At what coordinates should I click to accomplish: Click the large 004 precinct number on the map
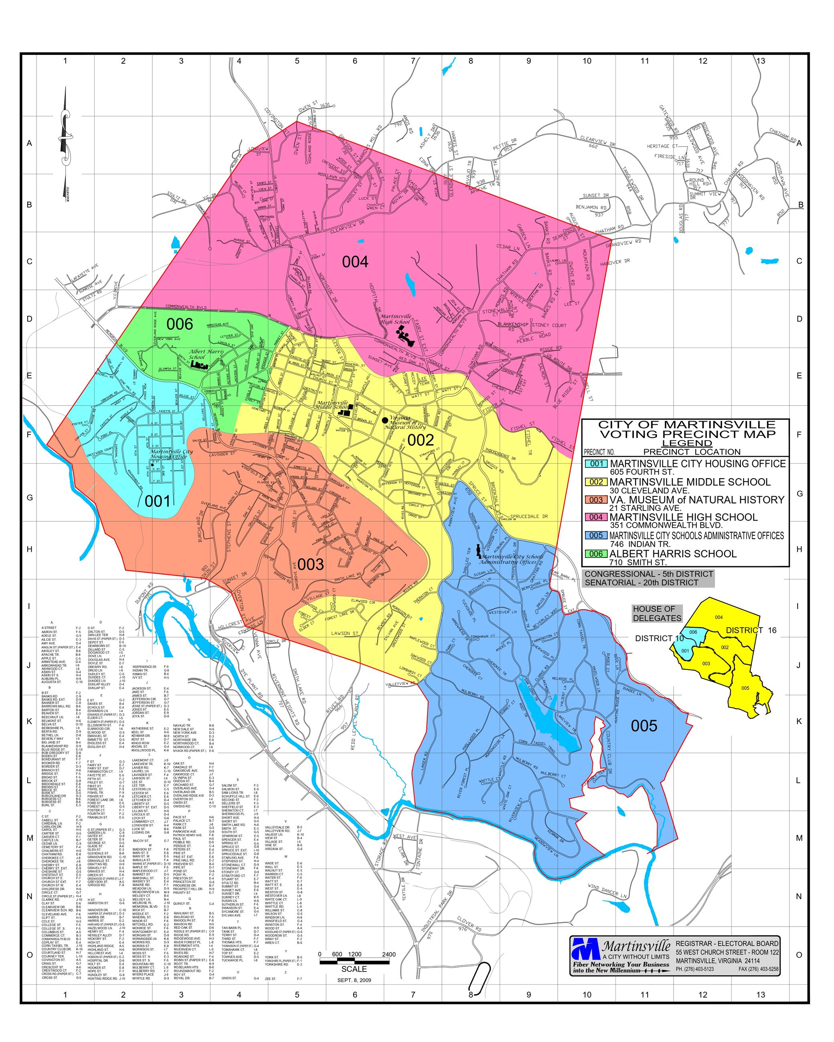coord(355,262)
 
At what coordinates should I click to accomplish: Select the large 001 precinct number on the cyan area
coord(158,501)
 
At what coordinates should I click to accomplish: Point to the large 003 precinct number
coord(310,564)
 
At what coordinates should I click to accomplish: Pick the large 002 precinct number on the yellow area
coord(421,440)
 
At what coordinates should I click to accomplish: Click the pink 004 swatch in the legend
coord(596,517)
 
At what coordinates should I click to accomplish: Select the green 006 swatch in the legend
coord(596,554)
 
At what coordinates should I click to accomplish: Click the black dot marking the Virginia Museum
coord(385,420)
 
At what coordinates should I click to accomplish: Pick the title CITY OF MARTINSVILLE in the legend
coord(686,425)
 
